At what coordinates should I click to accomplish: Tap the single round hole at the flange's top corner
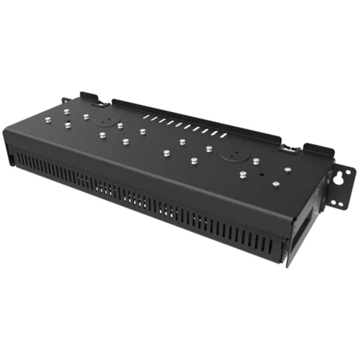click(x=348, y=172)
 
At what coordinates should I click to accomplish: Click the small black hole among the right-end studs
click(x=261, y=174)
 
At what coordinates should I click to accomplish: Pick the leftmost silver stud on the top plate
click(x=48, y=119)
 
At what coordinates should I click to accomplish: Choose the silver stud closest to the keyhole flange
click(x=288, y=170)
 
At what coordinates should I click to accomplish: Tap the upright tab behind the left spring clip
click(x=88, y=95)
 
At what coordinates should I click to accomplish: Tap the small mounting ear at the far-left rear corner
click(x=65, y=100)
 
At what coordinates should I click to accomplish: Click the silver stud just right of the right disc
click(x=256, y=161)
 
